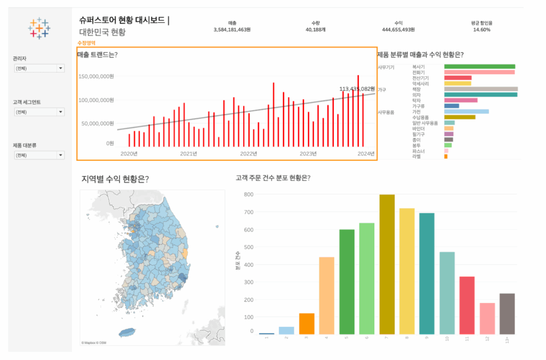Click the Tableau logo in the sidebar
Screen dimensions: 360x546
coord(39,28)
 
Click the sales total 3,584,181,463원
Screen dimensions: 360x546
coord(232,30)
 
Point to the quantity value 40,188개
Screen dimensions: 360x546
coord(315,30)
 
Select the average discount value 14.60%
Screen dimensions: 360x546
coord(481,30)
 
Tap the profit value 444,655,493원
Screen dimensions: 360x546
coord(398,30)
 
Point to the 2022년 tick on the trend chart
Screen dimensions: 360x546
coord(248,154)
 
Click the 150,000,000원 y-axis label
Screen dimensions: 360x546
coord(96,77)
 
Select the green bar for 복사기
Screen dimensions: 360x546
coord(479,66)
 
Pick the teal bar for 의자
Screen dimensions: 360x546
coord(480,94)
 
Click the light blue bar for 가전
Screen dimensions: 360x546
coord(466,111)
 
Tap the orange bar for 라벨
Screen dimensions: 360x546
coord(446,157)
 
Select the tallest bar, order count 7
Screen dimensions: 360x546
coord(387,265)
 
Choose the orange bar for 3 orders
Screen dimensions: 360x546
coord(307,324)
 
